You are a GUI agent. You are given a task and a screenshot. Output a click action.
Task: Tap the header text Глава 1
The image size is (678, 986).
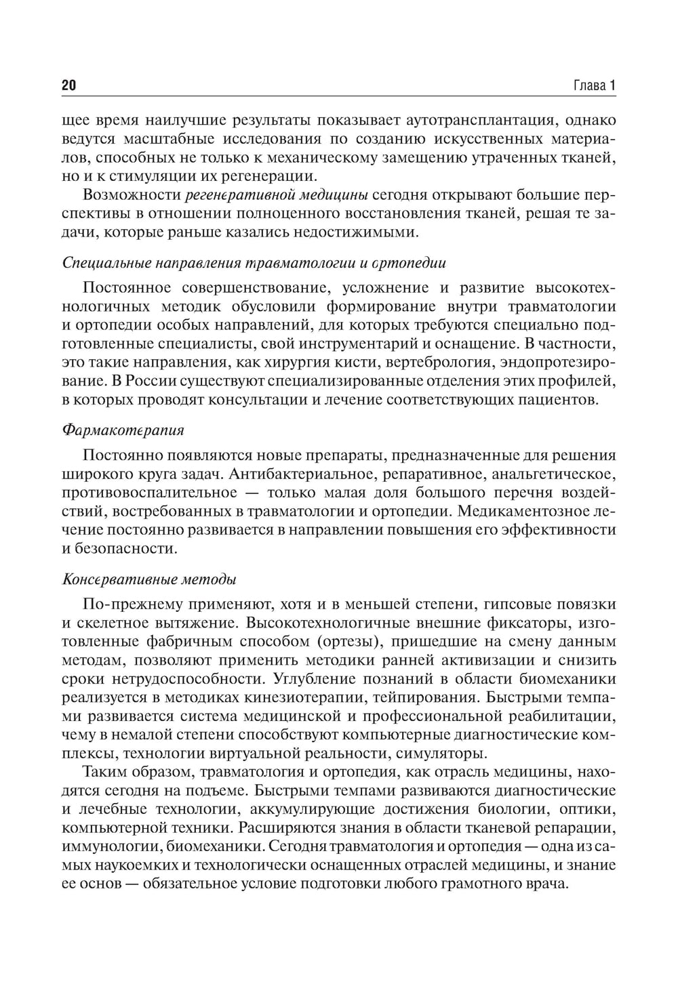click(x=594, y=85)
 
